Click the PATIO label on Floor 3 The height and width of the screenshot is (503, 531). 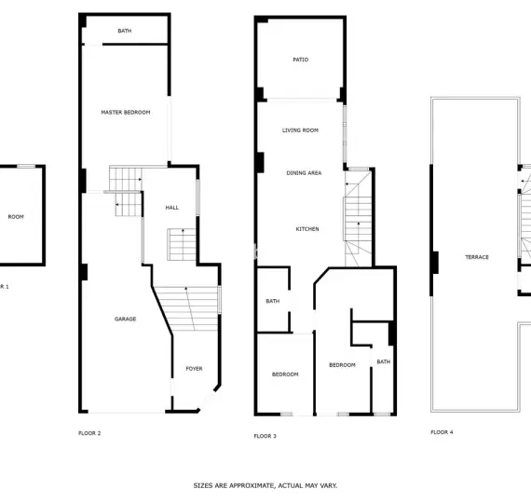300,60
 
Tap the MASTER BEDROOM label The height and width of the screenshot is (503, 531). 126,112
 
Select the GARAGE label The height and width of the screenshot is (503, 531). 126,319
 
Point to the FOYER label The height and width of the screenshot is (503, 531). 194,369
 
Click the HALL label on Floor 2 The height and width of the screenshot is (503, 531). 172,208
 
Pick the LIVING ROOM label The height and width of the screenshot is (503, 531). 300,130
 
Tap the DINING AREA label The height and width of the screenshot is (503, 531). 304,172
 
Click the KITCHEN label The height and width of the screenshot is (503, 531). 307,229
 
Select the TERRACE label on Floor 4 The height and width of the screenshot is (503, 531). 477,257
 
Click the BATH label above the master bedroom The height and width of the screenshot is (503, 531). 125,31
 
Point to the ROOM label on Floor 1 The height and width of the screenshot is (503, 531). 16,217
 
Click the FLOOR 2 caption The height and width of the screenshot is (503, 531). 89,433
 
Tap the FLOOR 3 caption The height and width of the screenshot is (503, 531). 265,436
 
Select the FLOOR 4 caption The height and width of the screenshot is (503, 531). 442,432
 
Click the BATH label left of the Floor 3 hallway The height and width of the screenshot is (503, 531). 273,301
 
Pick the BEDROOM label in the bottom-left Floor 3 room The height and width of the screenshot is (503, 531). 285,374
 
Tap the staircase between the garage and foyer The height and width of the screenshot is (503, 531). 186,308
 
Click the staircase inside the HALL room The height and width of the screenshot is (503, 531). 182,245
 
